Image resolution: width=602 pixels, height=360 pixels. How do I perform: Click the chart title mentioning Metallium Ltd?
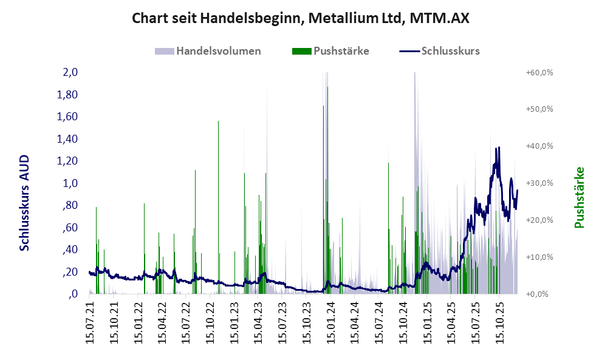(301, 18)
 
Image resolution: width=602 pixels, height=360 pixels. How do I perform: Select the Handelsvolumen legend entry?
(218, 51)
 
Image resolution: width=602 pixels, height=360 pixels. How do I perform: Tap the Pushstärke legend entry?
(341, 51)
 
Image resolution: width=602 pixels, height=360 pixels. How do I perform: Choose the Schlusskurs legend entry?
(450, 51)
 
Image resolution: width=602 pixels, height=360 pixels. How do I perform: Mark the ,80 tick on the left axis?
(70, 205)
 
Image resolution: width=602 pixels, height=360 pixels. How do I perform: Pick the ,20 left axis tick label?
(70, 272)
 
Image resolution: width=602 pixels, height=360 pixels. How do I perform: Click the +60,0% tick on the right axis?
(538, 72)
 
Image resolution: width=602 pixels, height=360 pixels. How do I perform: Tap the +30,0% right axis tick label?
(538, 183)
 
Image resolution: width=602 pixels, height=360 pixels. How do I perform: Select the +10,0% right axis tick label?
(538, 257)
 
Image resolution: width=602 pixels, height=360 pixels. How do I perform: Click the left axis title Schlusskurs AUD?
(25, 203)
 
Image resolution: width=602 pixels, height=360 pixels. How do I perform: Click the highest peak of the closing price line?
(498, 148)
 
